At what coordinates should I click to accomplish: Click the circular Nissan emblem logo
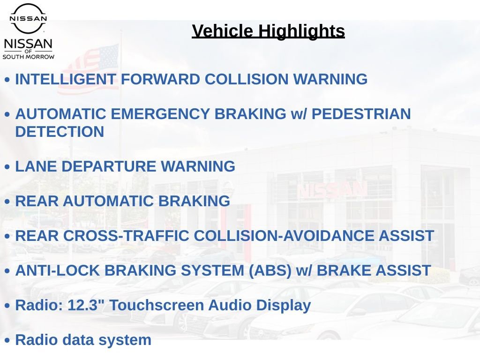(28, 18)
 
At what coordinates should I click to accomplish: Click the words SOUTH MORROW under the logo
(29, 57)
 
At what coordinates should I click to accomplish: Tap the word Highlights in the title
(301, 31)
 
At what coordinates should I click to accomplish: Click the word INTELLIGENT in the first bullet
(66, 79)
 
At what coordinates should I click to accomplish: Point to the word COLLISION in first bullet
(247, 79)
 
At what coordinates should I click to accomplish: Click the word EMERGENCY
(160, 114)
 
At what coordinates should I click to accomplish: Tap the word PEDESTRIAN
(361, 114)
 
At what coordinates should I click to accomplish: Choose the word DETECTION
(60, 132)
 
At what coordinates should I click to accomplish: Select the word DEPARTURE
(109, 166)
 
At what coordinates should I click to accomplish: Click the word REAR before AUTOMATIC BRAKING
(37, 201)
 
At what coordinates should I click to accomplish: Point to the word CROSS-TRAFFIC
(126, 236)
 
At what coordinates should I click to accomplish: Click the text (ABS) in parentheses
(270, 271)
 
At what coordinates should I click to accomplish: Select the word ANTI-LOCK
(58, 270)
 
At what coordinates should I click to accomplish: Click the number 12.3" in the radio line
(86, 305)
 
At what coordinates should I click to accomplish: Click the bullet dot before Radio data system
(7, 340)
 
